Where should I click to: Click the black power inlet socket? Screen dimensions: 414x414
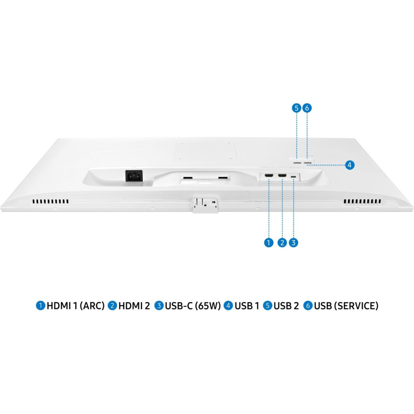(134, 176)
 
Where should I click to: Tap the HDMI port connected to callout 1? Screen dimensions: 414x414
(269, 176)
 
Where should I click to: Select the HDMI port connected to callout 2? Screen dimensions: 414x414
(282, 176)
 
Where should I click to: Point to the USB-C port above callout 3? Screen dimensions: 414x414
(294, 176)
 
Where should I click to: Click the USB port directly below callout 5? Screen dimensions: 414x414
(297, 162)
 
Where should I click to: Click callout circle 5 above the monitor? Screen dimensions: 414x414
(296, 108)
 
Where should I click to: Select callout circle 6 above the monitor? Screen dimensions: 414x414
(307, 108)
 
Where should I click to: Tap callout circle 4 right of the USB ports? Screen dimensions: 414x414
(349, 165)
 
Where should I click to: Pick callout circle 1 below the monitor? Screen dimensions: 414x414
(269, 242)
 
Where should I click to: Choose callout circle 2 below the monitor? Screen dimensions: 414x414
(282, 242)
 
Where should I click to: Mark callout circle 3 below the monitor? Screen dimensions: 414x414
(294, 242)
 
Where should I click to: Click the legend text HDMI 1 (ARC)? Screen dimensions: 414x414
(75, 306)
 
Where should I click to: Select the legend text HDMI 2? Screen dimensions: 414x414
(134, 306)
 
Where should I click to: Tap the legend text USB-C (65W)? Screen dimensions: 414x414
(193, 306)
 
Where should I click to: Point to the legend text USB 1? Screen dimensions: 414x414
(247, 306)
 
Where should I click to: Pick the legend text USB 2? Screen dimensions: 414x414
(286, 306)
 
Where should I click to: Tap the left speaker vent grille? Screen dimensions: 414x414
(51, 202)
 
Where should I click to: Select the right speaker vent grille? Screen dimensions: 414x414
(362, 202)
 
